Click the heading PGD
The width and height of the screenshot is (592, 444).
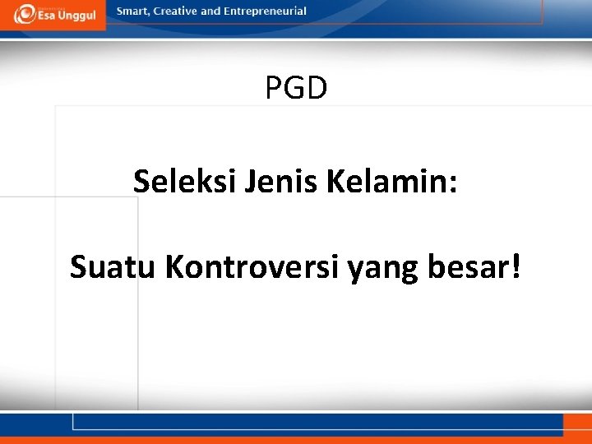coord(296,87)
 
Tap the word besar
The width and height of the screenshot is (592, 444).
coord(466,266)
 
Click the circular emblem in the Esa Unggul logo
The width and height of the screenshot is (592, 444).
coord(25,14)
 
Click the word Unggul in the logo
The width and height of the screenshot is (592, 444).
coord(80,16)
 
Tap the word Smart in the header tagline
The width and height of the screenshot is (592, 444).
coord(134,12)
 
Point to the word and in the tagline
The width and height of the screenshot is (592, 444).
coord(211,12)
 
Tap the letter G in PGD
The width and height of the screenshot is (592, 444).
coord(296,87)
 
